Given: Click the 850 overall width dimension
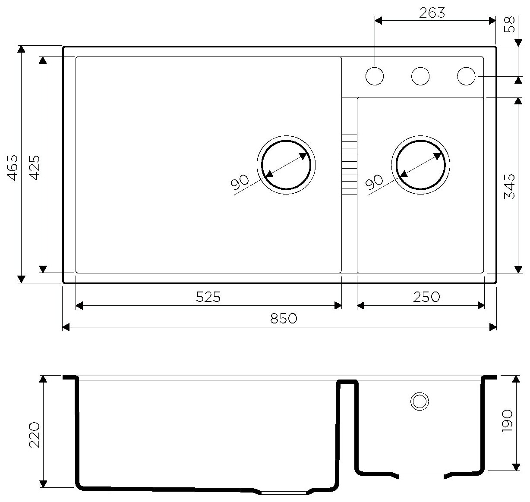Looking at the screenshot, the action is [284, 319].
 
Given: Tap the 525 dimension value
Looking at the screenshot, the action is [208, 297].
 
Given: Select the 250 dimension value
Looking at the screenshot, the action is [426, 297].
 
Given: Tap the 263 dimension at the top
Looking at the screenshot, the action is [432, 13].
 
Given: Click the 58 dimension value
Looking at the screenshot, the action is [510, 25].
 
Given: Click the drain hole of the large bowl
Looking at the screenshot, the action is [286, 165].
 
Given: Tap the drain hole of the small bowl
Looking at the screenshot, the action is [421, 165].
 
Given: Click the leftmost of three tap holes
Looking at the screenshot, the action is [374, 76].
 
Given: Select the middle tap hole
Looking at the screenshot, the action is [420, 76].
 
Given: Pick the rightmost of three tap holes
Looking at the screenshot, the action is [466, 76].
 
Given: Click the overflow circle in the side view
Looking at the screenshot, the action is [419, 401].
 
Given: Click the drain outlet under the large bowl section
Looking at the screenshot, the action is [284, 492].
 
